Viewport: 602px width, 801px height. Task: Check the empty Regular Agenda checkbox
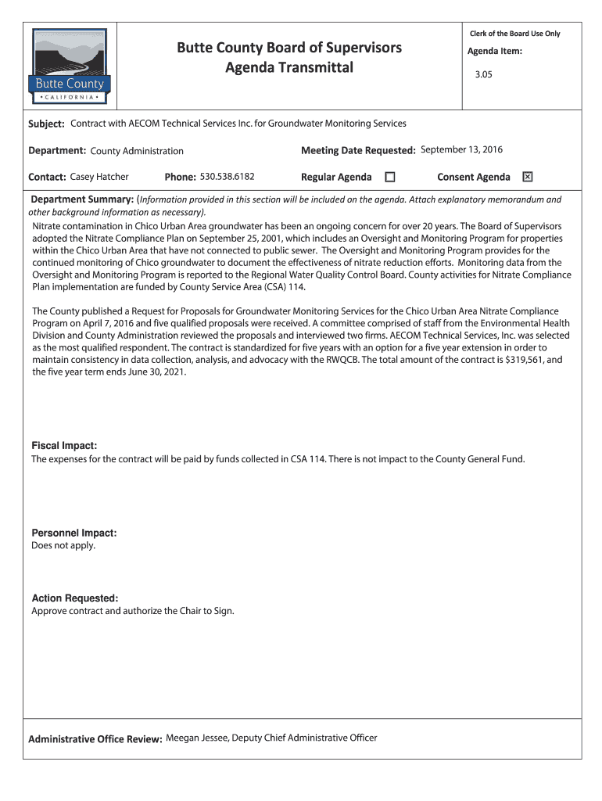(389, 178)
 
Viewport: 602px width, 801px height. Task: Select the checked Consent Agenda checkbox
(528, 178)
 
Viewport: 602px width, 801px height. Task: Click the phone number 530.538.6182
(228, 177)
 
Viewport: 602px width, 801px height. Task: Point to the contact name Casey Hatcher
(99, 177)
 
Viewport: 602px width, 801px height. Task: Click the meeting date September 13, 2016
(461, 149)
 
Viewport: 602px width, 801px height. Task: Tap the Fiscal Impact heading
(64, 445)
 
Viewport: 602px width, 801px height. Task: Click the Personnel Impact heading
(73, 533)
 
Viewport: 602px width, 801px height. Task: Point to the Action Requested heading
(74, 598)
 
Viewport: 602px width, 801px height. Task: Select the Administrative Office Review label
(95, 738)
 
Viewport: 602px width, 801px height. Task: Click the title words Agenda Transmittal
(289, 68)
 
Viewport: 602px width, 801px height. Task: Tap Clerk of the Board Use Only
(514, 34)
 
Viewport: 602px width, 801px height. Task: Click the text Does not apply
(63, 545)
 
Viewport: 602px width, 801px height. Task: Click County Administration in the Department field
(137, 151)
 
